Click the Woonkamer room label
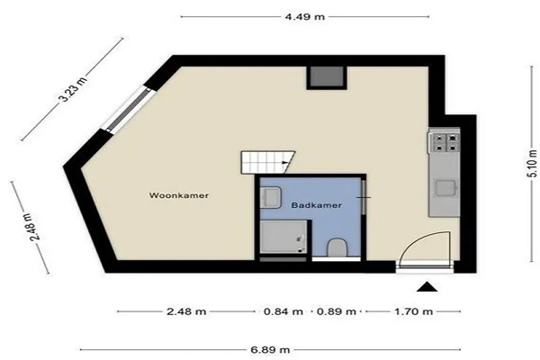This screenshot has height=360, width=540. click(179, 195)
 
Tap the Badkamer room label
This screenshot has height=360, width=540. click(317, 205)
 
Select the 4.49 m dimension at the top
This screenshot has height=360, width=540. click(305, 16)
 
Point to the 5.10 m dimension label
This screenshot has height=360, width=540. click(533, 163)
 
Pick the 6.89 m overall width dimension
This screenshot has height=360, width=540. click(270, 350)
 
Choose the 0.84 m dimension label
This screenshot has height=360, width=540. click(283, 311)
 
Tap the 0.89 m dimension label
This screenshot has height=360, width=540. click(336, 311)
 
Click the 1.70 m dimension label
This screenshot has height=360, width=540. click(413, 311)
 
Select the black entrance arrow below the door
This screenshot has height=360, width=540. click(427, 286)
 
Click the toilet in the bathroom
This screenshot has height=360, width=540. click(336, 247)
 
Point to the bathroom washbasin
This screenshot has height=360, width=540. click(270, 197)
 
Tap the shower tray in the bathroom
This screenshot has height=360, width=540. click(283, 238)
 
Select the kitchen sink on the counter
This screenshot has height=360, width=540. click(445, 188)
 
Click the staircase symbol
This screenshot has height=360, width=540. click(267, 162)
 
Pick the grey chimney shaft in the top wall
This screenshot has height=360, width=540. click(328, 76)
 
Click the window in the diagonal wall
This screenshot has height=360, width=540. click(129, 110)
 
